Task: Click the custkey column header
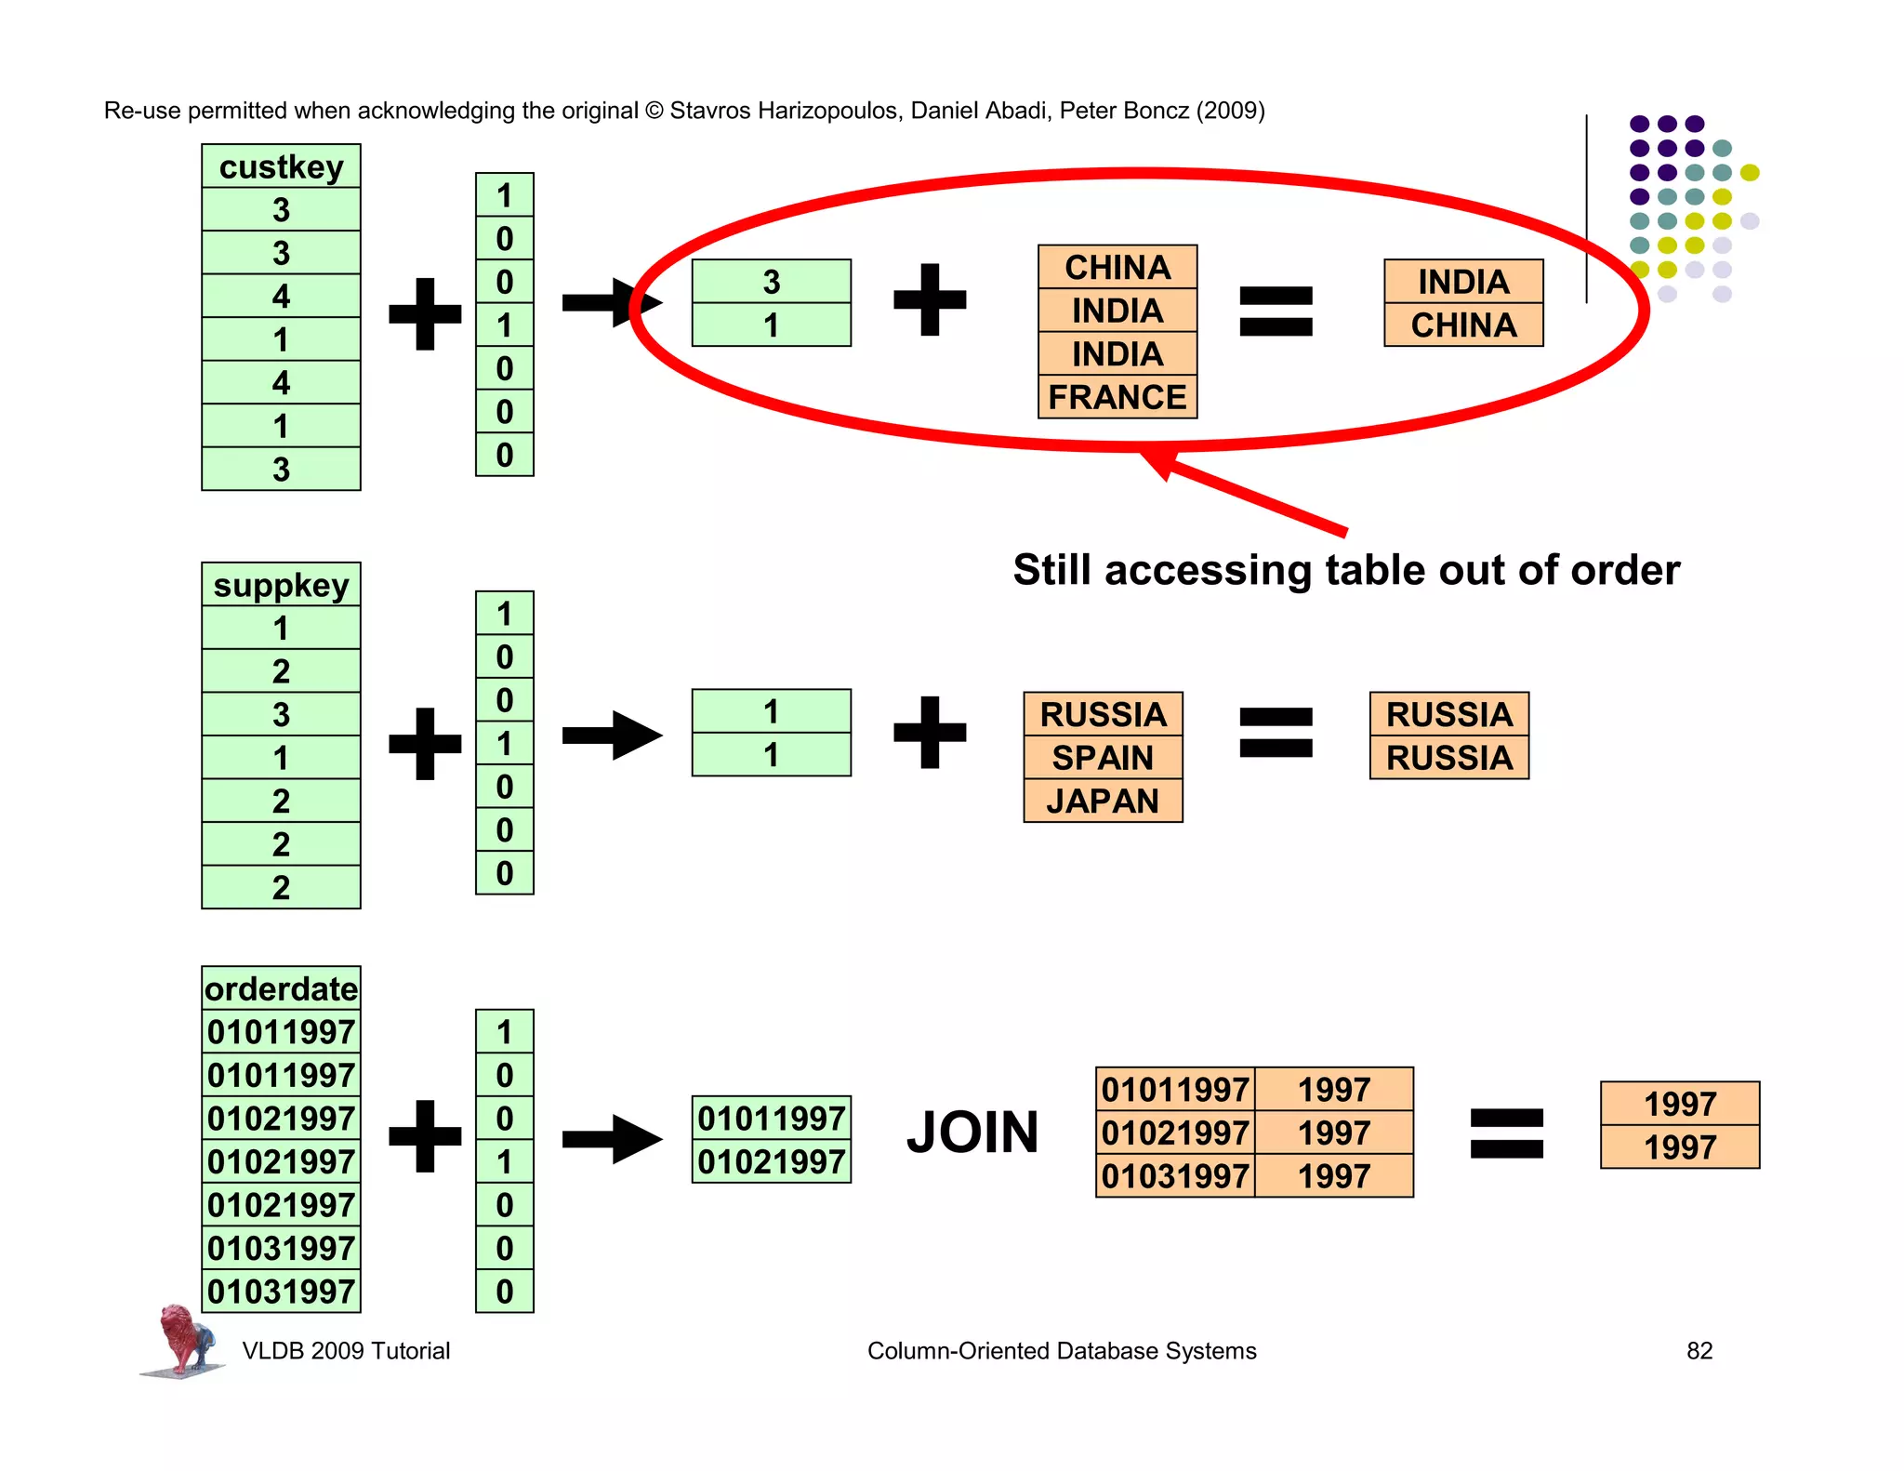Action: [281, 166]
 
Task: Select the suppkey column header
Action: [281, 585]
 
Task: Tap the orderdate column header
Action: [281, 988]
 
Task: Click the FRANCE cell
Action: [1117, 397]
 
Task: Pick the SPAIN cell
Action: [1103, 758]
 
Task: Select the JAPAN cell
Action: [1103, 801]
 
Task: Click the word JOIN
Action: [972, 1133]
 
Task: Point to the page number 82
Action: [1699, 1350]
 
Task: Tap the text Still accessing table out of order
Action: [1346, 570]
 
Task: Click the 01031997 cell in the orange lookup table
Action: [1175, 1176]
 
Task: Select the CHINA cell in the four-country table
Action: [1117, 267]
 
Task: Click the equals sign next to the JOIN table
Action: [1506, 1133]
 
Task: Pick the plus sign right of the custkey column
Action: [425, 313]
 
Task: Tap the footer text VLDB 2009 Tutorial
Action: [346, 1350]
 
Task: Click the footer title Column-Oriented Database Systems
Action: [1061, 1350]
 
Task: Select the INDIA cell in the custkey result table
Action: [1462, 282]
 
